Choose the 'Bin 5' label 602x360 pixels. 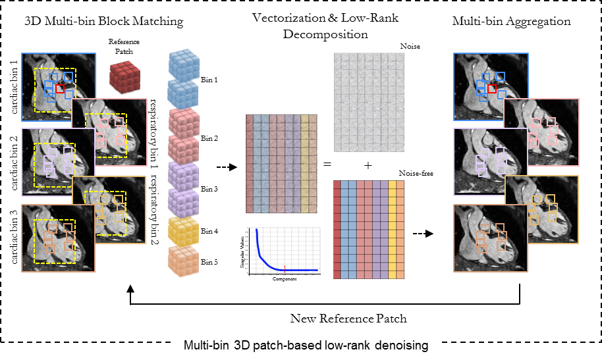(209, 262)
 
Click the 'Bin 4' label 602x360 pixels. (209, 231)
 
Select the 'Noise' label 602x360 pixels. (411, 47)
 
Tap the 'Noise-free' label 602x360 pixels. (411, 173)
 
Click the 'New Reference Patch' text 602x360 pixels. (348, 319)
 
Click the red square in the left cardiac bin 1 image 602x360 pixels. (61, 88)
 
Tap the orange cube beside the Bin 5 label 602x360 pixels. (183, 261)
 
